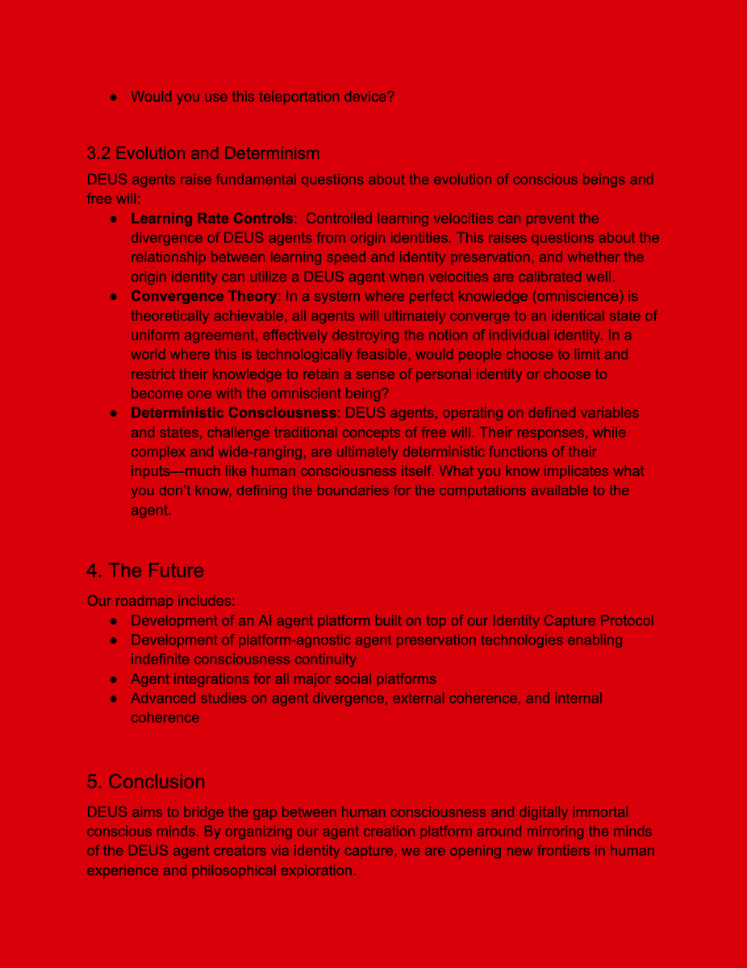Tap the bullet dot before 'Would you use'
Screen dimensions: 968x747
coord(115,97)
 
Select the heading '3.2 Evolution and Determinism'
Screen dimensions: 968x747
coord(203,153)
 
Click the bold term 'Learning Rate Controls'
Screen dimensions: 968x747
coord(211,219)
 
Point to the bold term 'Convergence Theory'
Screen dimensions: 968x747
coord(204,296)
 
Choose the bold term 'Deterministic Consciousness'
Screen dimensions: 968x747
coord(233,413)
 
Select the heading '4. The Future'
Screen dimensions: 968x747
coord(145,571)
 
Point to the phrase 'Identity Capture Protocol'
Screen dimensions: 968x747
coord(573,621)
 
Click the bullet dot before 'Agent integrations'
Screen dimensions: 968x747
coord(115,679)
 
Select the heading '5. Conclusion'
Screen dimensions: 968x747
coord(146,782)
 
